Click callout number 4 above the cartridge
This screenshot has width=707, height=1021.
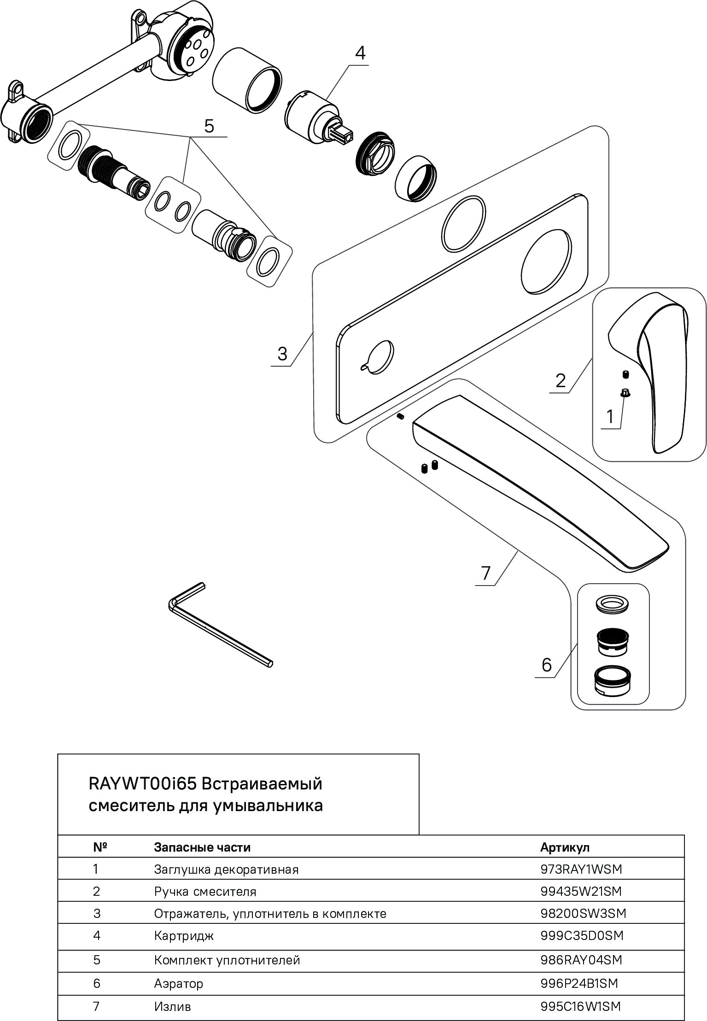click(x=360, y=53)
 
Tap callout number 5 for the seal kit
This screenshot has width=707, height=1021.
click(x=209, y=126)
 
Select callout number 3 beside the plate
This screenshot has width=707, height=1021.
click(x=282, y=354)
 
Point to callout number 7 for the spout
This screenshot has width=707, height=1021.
click(x=486, y=574)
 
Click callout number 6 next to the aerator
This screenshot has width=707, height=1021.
click(x=547, y=665)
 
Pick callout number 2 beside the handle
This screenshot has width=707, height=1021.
click(x=561, y=381)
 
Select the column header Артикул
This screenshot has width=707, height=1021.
click(x=565, y=847)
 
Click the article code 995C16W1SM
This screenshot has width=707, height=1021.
click(x=580, y=1007)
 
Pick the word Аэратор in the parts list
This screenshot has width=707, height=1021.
click(x=178, y=984)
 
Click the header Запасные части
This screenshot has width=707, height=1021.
click(x=202, y=847)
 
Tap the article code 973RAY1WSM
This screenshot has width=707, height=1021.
click(x=581, y=870)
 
